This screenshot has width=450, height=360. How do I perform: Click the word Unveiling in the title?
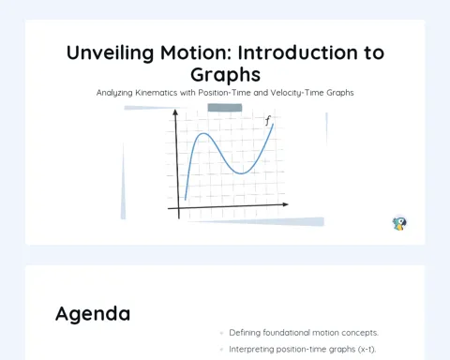(x=110, y=52)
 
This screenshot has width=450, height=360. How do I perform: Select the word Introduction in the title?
(x=298, y=52)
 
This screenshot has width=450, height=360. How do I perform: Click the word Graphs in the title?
(x=225, y=75)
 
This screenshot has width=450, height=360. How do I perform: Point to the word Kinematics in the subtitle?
(x=156, y=93)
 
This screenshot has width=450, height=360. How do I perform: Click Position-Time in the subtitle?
(x=224, y=93)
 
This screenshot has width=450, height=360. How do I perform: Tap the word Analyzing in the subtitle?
(x=114, y=93)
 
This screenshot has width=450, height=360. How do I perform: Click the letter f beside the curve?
(x=267, y=121)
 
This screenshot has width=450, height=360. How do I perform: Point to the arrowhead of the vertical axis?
(x=175, y=112)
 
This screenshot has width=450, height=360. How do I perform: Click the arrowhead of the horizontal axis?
(x=285, y=204)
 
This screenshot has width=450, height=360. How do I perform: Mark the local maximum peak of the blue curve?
(x=203, y=134)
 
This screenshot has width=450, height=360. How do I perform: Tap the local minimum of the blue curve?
(x=241, y=173)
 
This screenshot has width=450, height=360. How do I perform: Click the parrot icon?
(x=399, y=224)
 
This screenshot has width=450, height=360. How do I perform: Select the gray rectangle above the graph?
(x=225, y=108)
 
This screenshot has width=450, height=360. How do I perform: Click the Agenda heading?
(x=93, y=314)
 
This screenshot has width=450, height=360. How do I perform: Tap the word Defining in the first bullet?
(x=245, y=333)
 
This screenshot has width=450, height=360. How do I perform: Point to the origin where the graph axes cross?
(x=179, y=208)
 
